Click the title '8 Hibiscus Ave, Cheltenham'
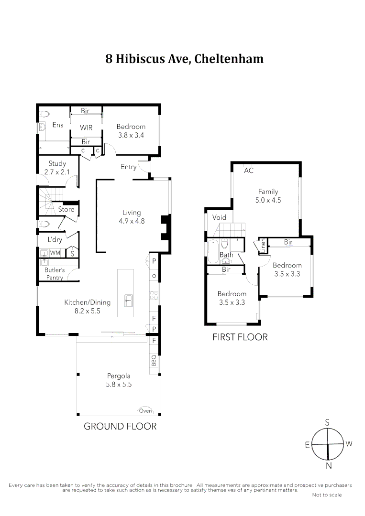184,59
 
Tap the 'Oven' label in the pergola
145,410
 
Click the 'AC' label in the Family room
248,171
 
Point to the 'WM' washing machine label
55,252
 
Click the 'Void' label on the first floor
219,217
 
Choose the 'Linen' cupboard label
263,246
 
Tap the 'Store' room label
66,209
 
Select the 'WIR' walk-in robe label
86,128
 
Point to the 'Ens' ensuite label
58,125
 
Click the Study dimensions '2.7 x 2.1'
57,172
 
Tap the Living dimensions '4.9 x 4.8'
132,221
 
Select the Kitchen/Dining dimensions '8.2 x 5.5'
88,311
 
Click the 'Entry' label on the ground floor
128,167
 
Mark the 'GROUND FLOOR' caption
120,426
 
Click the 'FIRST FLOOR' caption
240,337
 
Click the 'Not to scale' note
327,495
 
